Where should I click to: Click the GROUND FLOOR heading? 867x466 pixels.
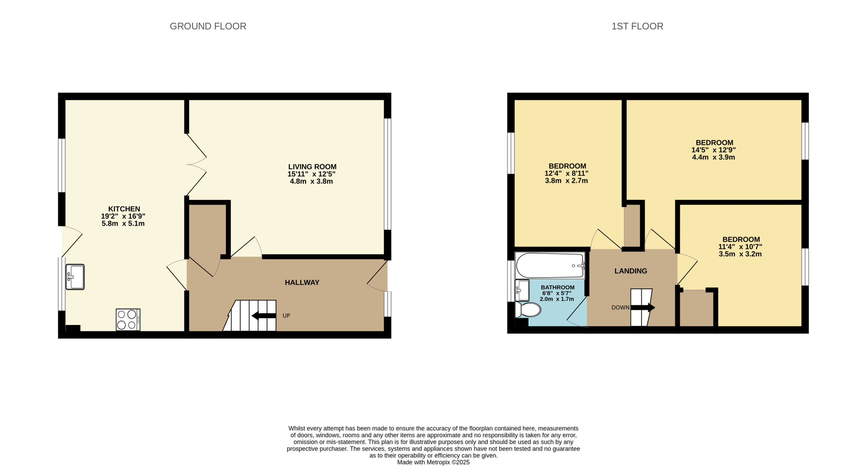(x=208, y=26)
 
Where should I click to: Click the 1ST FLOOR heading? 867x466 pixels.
(x=637, y=26)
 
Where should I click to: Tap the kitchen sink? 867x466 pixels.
(x=75, y=277)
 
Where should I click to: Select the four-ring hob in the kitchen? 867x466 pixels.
(x=128, y=320)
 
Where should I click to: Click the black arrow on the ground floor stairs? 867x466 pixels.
(x=264, y=316)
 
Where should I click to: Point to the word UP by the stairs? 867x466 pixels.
(x=286, y=316)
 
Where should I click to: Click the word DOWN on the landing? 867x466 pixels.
(x=620, y=308)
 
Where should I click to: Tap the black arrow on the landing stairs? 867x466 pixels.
(x=643, y=308)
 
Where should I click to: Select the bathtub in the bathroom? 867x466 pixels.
(x=550, y=265)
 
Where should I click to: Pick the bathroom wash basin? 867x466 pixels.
(x=522, y=290)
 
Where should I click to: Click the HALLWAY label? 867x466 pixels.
(x=302, y=283)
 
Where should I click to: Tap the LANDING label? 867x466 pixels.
(x=631, y=271)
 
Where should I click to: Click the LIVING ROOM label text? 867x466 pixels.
(x=312, y=167)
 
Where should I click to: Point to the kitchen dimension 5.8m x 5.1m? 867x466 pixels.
(x=123, y=224)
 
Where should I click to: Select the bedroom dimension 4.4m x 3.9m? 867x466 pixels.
(x=713, y=157)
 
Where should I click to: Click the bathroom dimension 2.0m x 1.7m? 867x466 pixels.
(x=557, y=299)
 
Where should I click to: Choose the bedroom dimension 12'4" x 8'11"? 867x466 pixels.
(x=566, y=173)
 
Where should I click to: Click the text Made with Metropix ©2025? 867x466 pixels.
(x=433, y=462)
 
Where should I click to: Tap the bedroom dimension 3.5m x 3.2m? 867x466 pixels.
(x=740, y=254)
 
